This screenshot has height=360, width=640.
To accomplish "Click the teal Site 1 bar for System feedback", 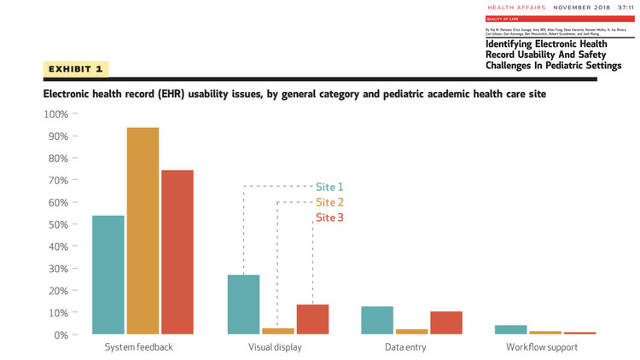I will [x=108, y=275].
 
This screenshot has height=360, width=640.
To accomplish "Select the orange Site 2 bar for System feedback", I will [x=143, y=230].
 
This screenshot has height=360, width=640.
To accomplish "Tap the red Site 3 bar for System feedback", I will [x=177, y=253].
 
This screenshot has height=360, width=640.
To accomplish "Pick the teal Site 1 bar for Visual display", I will [x=243, y=305].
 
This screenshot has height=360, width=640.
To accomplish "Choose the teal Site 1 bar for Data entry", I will [x=378, y=320].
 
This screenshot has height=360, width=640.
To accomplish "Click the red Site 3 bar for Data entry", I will [x=446, y=322].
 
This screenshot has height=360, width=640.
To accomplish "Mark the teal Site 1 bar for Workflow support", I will [x=511, y=329].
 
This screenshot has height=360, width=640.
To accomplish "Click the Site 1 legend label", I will [x=329, y=187].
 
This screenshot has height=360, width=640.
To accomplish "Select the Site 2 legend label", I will [x=329, y=202].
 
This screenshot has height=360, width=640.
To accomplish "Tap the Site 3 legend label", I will [x=329, y=218].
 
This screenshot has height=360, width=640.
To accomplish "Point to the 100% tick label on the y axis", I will [x=55, y=114].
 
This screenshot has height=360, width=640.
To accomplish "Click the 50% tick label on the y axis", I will [x=58, y=224].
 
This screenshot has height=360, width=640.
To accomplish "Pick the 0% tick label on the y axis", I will [x=61, y=334].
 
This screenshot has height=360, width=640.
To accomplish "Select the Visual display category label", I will [x=275, y=347].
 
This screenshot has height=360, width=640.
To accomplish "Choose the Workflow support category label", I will [x=542, y=347].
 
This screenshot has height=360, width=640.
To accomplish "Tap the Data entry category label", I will [x=405, y=347].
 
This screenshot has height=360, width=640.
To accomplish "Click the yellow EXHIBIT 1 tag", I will [x=76, y=68].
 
